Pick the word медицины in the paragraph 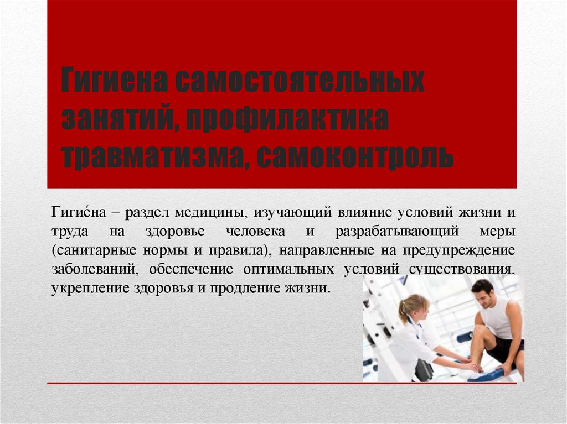tap(209, 212)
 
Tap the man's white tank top tap(496, 318)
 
